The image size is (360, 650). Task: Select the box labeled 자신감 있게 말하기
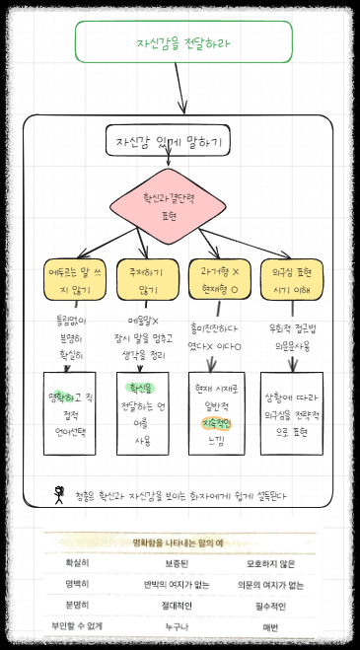[167, 141]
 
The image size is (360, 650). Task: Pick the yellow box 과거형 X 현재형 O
[215, 278]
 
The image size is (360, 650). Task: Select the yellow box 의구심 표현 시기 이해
[287, 278]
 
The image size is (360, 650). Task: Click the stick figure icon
[58, 493]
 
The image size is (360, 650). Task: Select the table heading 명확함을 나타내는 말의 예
[181, 542]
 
